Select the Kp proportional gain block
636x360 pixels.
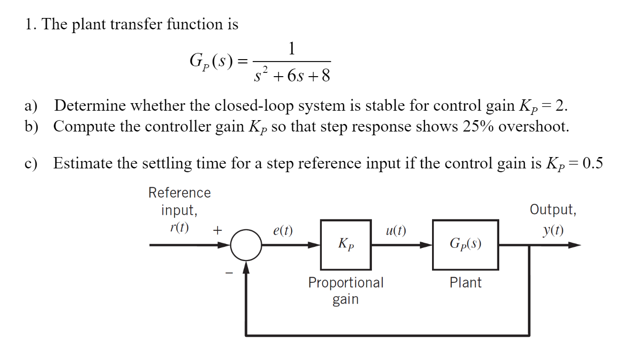346,245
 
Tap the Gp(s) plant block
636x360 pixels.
465,245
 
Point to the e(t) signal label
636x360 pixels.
283,231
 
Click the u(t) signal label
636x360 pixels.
396,231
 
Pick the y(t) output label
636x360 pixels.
553,230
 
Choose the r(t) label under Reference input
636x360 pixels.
178,228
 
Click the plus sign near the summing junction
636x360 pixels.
217,230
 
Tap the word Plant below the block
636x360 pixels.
465,283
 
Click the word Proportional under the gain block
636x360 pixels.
346,283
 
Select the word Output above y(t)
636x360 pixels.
553,210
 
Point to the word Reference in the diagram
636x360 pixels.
179,193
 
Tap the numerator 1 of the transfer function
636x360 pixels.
292,48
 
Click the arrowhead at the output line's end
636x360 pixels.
574,245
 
